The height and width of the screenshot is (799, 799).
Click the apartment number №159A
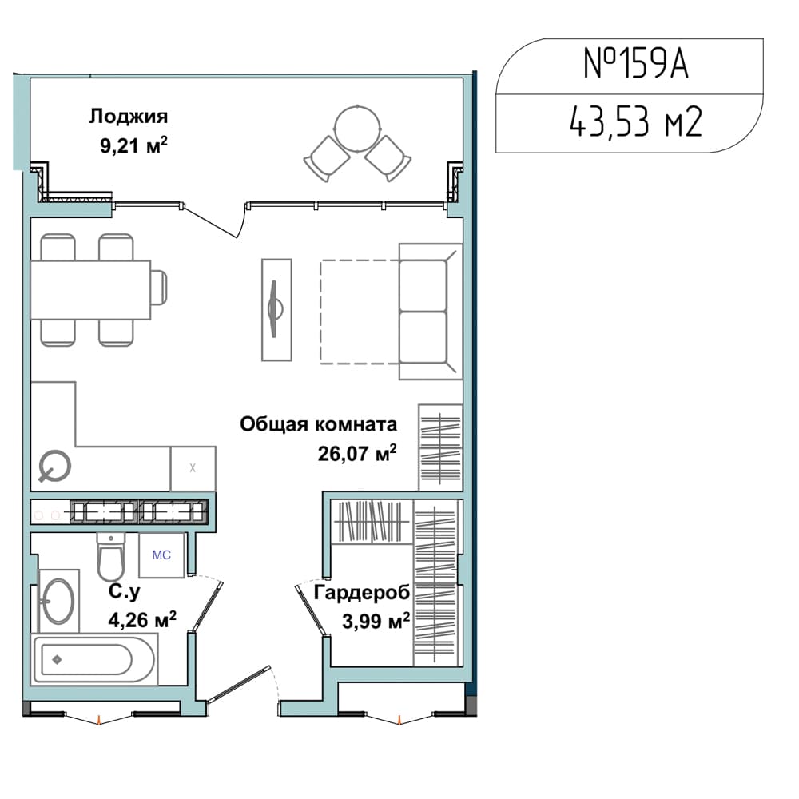[635, 64]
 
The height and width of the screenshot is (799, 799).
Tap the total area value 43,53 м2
[635, 121]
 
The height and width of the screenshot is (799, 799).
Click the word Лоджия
[129, 117]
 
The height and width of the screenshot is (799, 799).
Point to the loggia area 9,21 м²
[133, 145]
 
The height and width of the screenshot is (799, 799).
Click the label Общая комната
[319, 424]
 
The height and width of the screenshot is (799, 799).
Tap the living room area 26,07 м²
[357, 453]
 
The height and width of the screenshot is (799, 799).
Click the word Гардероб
[362, 593]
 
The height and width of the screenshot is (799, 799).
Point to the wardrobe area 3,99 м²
[376, 621]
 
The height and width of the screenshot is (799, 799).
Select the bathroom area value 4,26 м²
[142, 620]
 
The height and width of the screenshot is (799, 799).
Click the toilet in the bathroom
[110, 557]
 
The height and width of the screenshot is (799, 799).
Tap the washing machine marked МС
[161, 555]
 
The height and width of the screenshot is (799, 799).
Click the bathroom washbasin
[58, 602]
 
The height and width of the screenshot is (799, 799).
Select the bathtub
[95, 659]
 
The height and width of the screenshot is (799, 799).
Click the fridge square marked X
[193, 468]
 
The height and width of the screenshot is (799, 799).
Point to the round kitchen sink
[54, 466]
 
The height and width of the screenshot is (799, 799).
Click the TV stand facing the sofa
[276, 310]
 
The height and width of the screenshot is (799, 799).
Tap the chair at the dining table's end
[159, 288]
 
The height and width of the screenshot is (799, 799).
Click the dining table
[91, 290]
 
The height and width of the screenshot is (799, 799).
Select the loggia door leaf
[211, 221]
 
